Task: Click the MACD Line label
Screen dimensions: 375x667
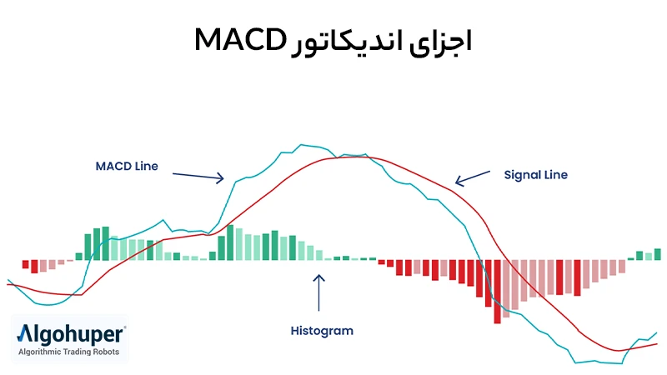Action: coord(126,166)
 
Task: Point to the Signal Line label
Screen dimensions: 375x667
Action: coord(536,175)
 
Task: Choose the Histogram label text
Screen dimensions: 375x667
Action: coord(322,331)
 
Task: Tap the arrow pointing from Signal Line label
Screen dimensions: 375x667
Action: coord(473,178)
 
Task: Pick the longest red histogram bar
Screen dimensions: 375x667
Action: coord(497,291)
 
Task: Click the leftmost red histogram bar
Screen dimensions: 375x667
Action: coord(25,264)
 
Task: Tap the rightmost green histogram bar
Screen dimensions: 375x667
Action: coord(657,254)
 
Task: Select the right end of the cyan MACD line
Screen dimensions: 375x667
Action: coord(657,332)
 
